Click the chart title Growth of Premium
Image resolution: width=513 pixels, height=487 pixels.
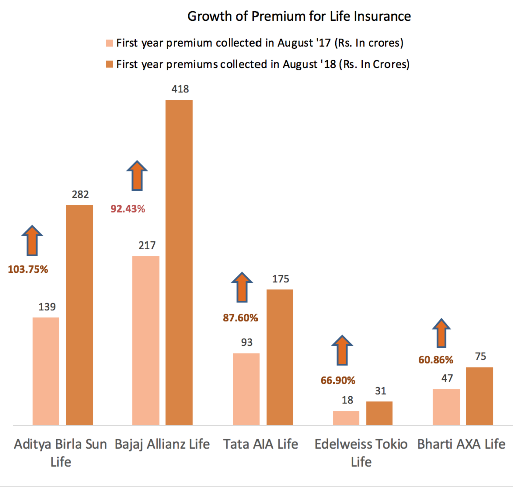(x=299, y=16)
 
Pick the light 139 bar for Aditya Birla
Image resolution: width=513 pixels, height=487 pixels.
(x=46, y=371)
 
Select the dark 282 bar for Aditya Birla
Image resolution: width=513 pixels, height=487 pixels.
(x=79, y=315)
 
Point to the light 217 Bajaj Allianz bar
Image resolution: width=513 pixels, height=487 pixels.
(x=146, y=341)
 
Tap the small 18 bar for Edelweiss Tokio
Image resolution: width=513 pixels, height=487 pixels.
(x=346, y=418)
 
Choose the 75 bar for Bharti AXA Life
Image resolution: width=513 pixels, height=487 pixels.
(x=480, y=396)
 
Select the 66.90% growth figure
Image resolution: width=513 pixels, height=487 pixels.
(x=338, y=380)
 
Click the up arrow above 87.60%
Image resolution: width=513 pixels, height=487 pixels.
(x=242, y=287)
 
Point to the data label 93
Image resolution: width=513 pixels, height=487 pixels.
(x=246, y=343)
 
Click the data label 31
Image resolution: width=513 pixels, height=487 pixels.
(x=380, y=391)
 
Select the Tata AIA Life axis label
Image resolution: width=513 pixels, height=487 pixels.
(x=261, y=444)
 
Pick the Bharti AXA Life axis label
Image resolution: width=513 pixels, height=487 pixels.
(x=461, y=444)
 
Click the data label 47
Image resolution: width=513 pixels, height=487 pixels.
(x=446, y=379)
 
